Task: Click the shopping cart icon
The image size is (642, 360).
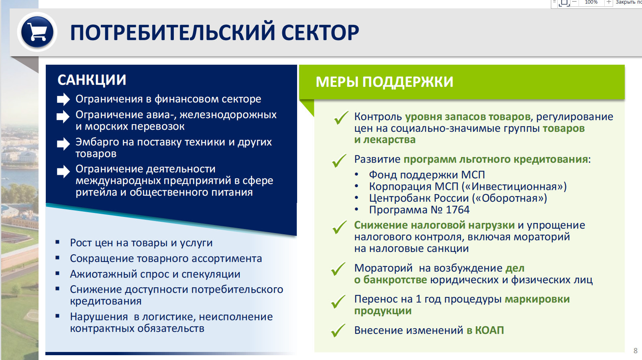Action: coord(37,32)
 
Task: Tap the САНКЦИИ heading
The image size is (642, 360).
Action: coord(92,80)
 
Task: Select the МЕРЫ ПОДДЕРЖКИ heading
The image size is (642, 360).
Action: coord(384,82)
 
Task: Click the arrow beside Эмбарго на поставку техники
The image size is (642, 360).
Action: coord(63,143)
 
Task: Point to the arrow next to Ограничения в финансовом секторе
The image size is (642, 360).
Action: coord(63,99)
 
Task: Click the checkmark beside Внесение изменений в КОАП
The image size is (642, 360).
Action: coord(338,330)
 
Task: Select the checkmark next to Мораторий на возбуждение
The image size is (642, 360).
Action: coord(338,269)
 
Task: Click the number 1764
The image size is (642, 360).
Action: coord(457,210)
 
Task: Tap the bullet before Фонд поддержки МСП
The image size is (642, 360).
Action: coord(356,175)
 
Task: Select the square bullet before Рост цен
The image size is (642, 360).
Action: coord(57,242)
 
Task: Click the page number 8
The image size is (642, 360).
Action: coord(635,350)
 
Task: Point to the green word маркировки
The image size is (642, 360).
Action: coord(537,299)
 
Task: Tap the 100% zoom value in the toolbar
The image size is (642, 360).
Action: coord(591,2)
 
